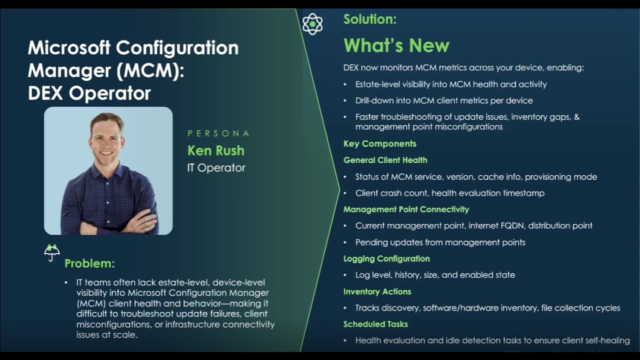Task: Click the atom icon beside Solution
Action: (x=312, y=24)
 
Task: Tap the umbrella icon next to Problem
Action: (x=52, y=252)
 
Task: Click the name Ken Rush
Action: (x=216, y=150)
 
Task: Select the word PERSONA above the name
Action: (x=218, y=133)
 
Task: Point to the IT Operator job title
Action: (x=216, y=167)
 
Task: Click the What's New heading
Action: (x=396, y=46)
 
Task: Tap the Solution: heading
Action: (x=370, y=19)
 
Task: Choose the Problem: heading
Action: (x=89, y=263)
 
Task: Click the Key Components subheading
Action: (x=380, y=144)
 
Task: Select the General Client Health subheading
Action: (x=385, y=160)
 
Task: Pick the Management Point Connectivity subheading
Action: (x=406, y=209)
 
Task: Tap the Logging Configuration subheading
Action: (x=386, y=258)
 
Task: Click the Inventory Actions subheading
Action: (x=377, y=291)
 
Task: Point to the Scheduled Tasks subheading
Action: (x=375, y=324)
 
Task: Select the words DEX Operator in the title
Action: (x=89, y=93)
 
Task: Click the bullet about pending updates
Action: (x=440, y=242)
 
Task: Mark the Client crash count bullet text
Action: (x=449, y=193)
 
